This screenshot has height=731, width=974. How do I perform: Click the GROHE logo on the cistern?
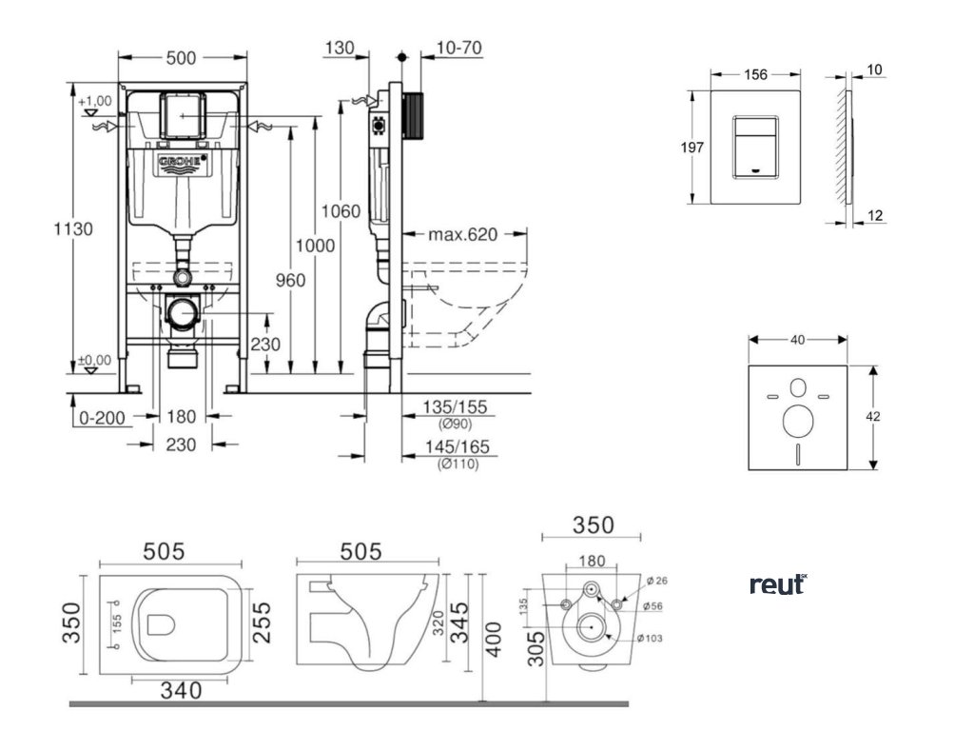click(181, 163)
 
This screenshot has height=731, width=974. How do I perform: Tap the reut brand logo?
click(778, 583)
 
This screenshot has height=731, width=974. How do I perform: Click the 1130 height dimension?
click(73, 228)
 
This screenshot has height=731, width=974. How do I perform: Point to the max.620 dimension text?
click(463, 234)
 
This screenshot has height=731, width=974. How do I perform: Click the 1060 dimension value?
click(341, 210)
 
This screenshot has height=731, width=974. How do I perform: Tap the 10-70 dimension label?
click(459, 48)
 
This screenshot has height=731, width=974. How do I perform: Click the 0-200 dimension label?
click(104, 417)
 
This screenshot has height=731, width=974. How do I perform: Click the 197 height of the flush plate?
click(692, 147)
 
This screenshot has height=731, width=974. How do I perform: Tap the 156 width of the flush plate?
click(756, 74)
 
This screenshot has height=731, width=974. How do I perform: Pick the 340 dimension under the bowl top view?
click(181, 690)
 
